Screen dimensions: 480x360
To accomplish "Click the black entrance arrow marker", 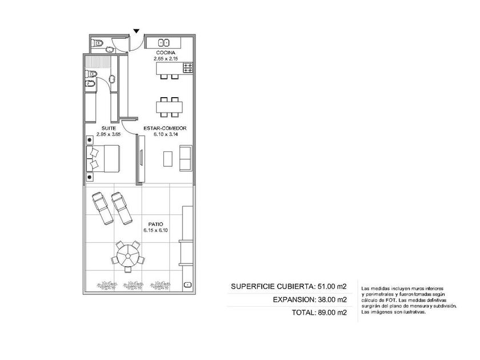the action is coord(137,31).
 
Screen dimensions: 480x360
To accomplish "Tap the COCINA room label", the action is coord(166,53).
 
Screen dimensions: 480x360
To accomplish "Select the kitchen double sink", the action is coord(164,42).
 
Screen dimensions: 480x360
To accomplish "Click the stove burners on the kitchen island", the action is coord(188,67).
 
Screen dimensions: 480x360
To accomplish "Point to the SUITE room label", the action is coord(109,128).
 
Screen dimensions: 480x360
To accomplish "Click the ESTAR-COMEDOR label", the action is coord(165,128).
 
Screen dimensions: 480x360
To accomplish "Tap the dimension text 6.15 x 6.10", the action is coord(155,230).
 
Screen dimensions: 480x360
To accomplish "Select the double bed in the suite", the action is coord(102,159).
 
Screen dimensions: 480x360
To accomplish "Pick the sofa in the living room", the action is coord(186,158).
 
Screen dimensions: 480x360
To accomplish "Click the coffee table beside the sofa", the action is coord(168,159).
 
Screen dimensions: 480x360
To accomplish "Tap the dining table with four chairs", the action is coord(169,107).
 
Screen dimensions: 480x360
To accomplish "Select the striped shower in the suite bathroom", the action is coord(98,62).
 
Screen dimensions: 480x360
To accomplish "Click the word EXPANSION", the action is coord(293,299).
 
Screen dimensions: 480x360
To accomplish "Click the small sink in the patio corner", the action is coord(187,285).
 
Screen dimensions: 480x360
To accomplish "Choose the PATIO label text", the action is coord(155,225).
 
